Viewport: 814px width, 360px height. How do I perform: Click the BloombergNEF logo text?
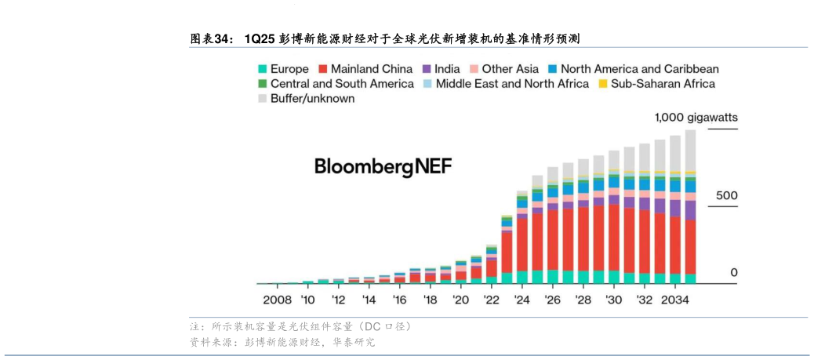[383, 166]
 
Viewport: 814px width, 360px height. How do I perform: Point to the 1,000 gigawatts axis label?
[696, 118]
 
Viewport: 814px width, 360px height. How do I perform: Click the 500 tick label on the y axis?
[727, 195]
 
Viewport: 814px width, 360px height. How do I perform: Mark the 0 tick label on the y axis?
[734, 273]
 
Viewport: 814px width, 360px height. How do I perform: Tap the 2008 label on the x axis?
[277, 300]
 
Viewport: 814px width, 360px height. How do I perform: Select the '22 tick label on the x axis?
[492, 300]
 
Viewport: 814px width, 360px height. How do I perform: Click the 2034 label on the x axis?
[676, 300]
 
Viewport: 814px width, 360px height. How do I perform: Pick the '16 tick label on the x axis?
[400, 300]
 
